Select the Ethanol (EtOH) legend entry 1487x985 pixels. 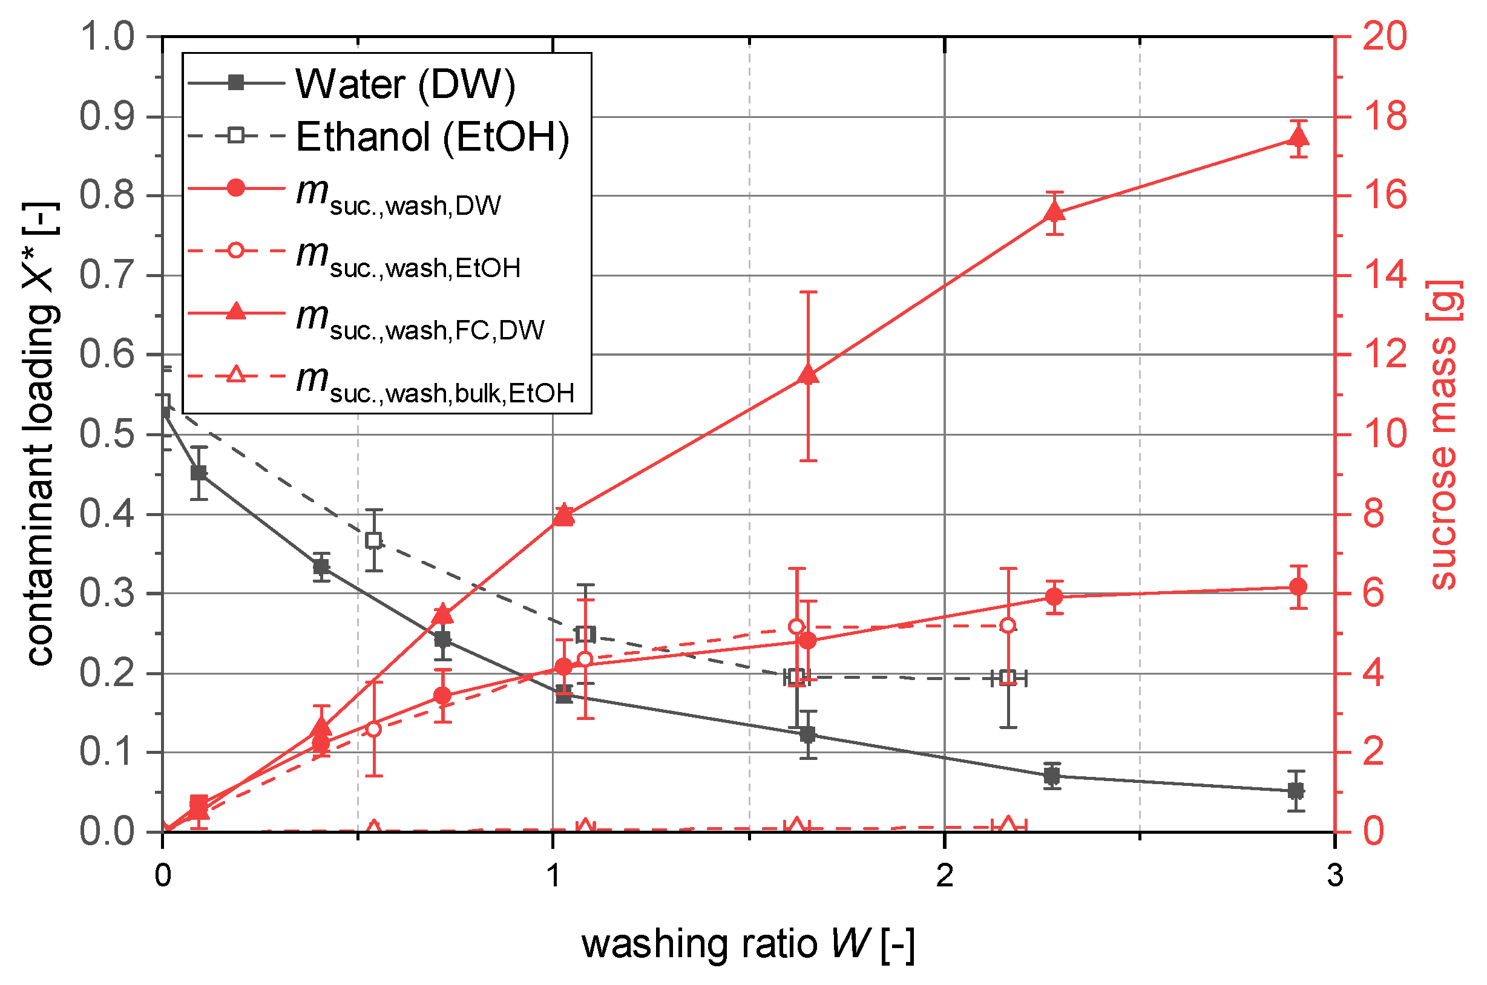tap(432, 136)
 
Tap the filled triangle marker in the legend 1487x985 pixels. tap(235, 311)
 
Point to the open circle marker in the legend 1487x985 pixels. tap(235, 250)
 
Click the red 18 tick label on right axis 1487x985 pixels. tap(1385, 116)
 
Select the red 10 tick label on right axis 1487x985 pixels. tap(1385, 434)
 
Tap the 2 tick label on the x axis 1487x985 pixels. tap(944, 875)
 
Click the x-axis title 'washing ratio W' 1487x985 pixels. tap(747, 945)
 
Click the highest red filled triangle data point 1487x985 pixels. tap(1298, 137)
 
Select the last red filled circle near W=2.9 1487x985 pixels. tap(1298, 587)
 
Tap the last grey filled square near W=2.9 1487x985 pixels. tap(1295, 791)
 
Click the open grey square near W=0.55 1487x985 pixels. tap(374, 540)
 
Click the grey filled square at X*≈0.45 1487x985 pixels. tap(199, 473)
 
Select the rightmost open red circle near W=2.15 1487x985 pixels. tap(1008, 625)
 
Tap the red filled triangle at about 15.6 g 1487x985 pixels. tap(1054, 213)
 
